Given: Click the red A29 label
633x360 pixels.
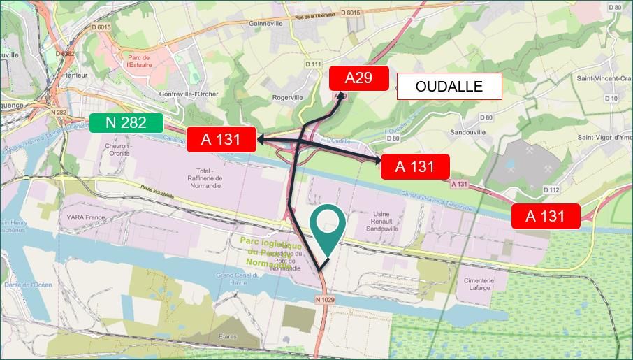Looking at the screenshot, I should [x=358, y=78].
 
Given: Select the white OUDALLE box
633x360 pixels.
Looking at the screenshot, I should [x=449, y=87].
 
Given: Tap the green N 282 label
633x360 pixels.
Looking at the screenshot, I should [x=126, y=123].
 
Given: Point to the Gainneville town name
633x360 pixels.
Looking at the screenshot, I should [x=265, y=23].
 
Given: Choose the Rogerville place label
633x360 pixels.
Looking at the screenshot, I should [x=288, y=97].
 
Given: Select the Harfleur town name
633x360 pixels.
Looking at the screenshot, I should [x=74, y=75].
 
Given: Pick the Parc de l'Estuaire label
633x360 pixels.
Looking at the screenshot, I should [x=139, y=62].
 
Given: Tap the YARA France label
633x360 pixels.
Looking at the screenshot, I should [x=86, y=217].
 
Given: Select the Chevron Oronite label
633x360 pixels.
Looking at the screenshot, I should [x=117, y=150].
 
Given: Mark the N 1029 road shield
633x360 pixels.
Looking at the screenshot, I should [x=325, y=300].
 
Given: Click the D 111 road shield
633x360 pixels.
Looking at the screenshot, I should [x=314, y=64].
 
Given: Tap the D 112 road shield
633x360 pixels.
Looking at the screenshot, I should [x=551, y=189].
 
